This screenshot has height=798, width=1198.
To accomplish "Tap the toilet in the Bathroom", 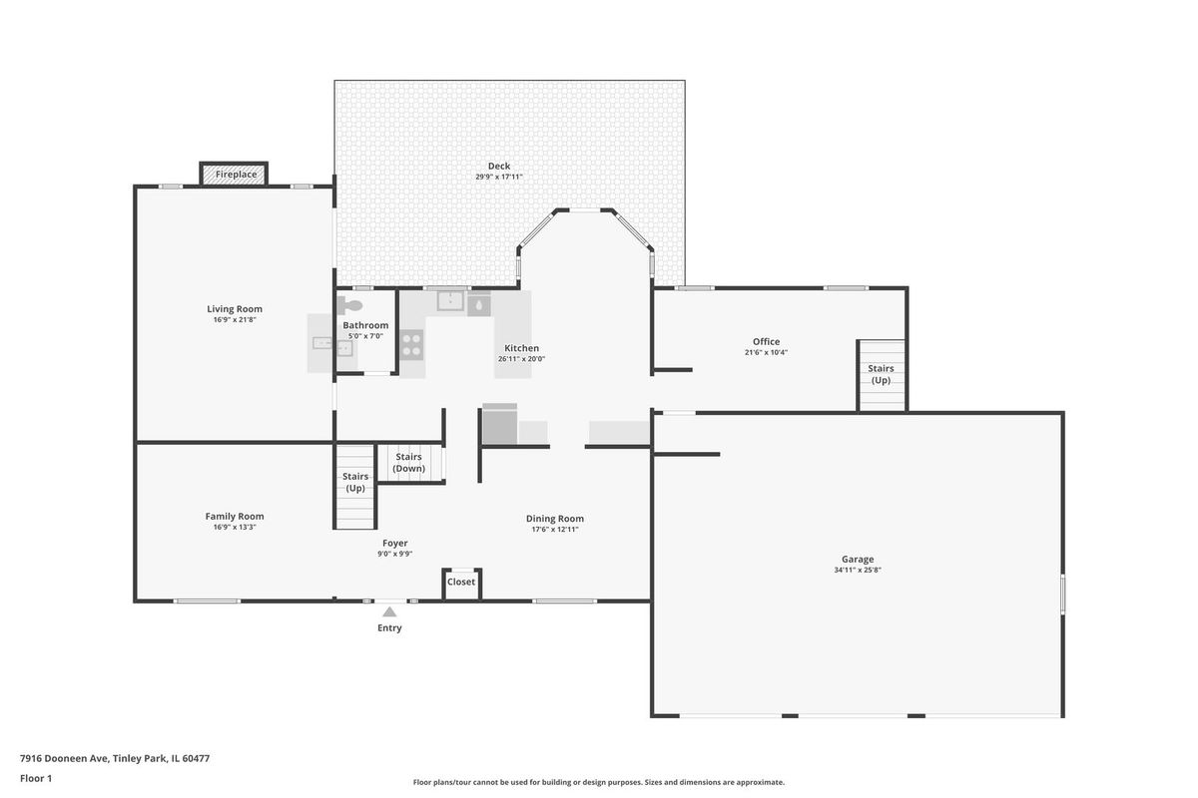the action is tap(349, 305).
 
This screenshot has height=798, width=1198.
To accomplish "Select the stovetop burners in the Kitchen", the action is tap(411, 345).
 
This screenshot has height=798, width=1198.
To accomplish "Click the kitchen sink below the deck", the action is tap(451, 300).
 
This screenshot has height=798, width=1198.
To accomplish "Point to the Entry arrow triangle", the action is tap(389, 611).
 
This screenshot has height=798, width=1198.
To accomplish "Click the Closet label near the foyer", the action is tap(461, 582).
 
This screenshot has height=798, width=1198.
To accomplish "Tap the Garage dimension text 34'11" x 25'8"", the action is tap(858, 570).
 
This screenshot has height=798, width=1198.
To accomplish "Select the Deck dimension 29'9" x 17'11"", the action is tap(499, 177).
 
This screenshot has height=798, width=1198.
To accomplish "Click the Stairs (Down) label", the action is tap(408, 462).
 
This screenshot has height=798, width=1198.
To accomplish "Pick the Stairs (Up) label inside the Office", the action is tap(881, 374).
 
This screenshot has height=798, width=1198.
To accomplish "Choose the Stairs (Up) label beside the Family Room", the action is tap(355, 482).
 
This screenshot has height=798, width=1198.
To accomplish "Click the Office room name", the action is tap(766, 341).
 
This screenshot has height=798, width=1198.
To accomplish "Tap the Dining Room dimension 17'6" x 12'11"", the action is tap(555, 529).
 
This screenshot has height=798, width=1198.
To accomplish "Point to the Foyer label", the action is tap(394, 543).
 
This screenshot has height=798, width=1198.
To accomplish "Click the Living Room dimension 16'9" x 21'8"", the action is tap(235, 319).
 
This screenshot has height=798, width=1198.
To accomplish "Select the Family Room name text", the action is tap(235, 517).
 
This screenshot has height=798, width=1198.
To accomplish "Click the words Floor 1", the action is tap(36, 778).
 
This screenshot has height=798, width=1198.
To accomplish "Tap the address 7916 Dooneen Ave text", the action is tap(65, 758).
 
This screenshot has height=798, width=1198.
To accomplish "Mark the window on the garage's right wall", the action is tap(1062, 594).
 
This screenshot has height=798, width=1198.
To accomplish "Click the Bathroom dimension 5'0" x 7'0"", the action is tap(365, 336).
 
